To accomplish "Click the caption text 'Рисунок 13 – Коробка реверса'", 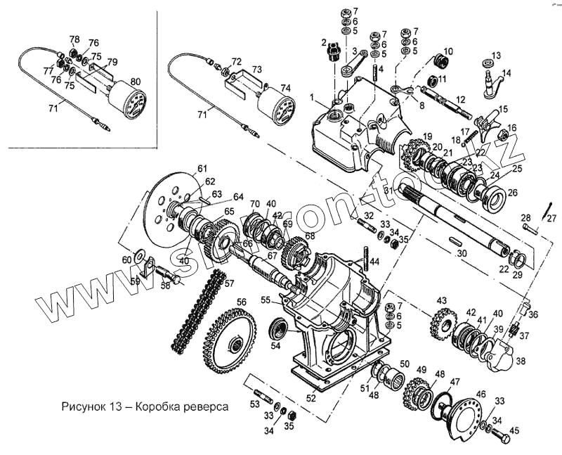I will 135,407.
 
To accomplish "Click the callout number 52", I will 311,398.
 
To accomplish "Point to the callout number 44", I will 375,262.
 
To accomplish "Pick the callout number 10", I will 449,51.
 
